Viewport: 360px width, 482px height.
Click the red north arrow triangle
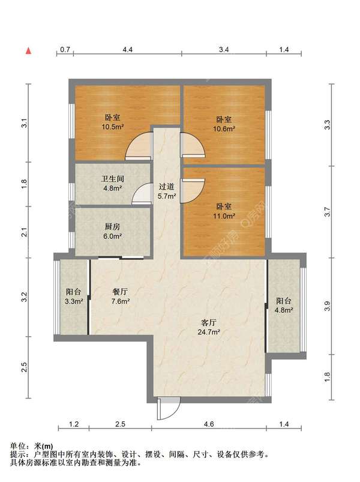coord(29,50)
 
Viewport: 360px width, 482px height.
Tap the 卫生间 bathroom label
coord(113,179)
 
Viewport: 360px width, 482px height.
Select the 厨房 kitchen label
coord(112,227)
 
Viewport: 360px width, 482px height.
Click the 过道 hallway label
coord(166,186)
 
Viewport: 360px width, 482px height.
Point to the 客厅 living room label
coord(209,322)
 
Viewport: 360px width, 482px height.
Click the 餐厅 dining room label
coord(120,292)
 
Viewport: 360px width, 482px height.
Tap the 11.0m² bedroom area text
coord(224,216)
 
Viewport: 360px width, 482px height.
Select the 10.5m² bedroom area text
coord(113,127)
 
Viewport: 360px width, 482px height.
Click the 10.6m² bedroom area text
coord(224,129)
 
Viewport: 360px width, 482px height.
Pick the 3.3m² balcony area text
coord(74,301)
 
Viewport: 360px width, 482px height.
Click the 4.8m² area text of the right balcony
coord(284,310)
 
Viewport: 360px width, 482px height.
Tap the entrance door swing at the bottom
coord(168,409)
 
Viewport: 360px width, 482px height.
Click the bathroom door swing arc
coord(142,193)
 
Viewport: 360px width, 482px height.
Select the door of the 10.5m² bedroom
coord(139,146)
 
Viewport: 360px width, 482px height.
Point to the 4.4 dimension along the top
coord(127,50)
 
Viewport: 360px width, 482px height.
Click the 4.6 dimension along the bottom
coord(209,424)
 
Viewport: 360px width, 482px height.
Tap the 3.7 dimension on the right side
coord(327,212)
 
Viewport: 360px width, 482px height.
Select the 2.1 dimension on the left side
coord(25,232)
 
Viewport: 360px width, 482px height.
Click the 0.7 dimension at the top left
coord(65,50)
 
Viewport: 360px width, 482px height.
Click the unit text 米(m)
coord(43,446)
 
